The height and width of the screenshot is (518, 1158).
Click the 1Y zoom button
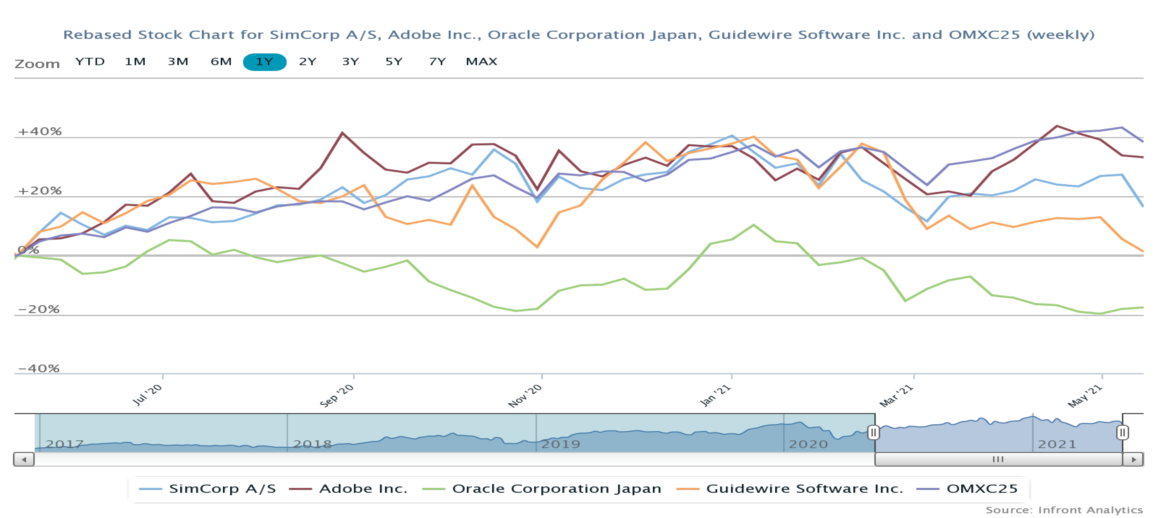click(x=264, y=62)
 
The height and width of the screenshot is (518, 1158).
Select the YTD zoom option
click(x=90, y=62)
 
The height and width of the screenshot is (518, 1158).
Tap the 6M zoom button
click(x=221, y=62)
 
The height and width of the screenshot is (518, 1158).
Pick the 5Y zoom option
click(x=394, y=62)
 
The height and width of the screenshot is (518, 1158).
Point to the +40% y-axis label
click(x=40, y=131)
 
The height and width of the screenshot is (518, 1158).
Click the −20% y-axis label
click(x=39, y=309)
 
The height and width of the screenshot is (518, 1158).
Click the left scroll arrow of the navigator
click(x=24, y=459)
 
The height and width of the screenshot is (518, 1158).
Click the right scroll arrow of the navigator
click(x=1133, y=459)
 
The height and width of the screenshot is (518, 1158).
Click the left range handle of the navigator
click(x=873, y=433)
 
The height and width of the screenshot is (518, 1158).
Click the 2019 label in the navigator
click(x=561, y=444)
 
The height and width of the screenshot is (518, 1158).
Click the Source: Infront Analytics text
click(x=1064, y=510)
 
